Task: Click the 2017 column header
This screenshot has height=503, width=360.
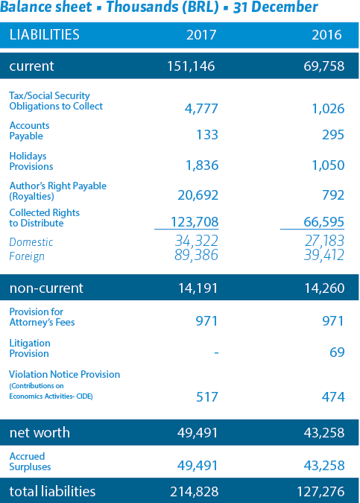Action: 201,34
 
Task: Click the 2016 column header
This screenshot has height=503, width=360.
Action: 326,34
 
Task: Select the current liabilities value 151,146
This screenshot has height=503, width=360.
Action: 191,66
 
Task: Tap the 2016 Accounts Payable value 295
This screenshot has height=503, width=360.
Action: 333,134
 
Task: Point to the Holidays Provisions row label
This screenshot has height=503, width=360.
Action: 31,161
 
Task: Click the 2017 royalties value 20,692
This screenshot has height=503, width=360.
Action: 198,195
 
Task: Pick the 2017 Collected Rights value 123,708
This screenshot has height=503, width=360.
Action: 195,221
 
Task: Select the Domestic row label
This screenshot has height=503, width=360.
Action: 31,242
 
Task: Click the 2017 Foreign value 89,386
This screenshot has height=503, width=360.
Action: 196,256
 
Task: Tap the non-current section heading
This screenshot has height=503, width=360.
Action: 46,288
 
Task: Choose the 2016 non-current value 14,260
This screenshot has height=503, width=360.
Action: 324,288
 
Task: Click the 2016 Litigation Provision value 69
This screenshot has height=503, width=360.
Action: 337,352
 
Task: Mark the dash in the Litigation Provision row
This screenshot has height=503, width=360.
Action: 217,353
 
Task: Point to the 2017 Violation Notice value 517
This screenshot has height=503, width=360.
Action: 207,397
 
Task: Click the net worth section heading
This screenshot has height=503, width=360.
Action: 40,432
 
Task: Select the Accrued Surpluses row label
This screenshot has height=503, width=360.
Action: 30,461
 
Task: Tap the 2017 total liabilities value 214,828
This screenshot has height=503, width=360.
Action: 195,492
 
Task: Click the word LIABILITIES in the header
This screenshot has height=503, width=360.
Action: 44,34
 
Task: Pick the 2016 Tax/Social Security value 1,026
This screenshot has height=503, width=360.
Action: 328,109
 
